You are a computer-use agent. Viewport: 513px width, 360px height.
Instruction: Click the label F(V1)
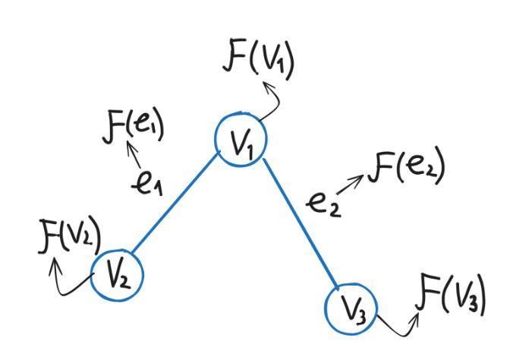[x=259, y=62]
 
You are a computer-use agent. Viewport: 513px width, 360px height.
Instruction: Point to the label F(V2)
[x=70, y=236]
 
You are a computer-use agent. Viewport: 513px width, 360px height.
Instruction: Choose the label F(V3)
[x=450, y=295]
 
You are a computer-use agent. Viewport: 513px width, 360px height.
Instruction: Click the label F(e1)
[x=133, y=127]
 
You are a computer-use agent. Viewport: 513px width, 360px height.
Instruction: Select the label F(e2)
[x=406, y=166]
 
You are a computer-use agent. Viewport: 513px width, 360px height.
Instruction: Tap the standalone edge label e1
[x=147, y=185]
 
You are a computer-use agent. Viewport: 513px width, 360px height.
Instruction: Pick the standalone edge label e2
[x=324, y=206]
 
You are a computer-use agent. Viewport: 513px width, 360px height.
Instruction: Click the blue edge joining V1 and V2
[x=175, y=203]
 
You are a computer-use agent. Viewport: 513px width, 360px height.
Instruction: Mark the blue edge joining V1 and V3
[x=301, y=224]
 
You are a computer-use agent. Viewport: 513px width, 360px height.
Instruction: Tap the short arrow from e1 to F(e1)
[x=134, y=155]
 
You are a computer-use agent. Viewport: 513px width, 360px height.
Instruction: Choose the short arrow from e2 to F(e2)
[x=349, y=185]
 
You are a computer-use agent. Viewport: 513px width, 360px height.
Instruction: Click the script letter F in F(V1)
[x=235, y=59]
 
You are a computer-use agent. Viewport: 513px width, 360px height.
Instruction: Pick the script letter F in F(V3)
[x=427, y=292]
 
